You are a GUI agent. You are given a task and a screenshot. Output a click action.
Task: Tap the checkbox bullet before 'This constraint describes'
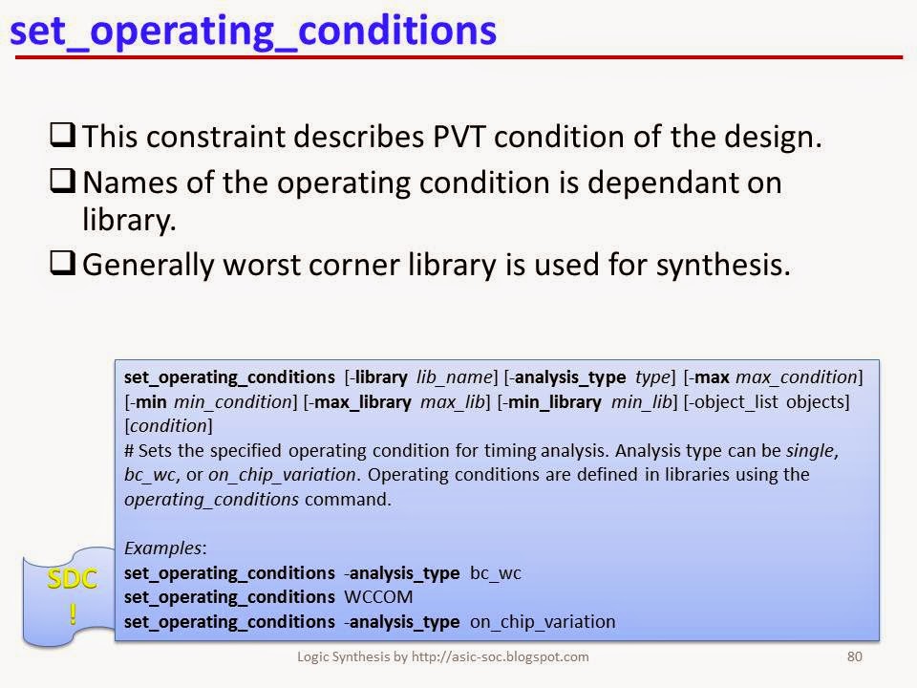(x=63, y=136)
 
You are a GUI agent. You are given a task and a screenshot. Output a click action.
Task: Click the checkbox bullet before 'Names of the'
(x=63, y=182)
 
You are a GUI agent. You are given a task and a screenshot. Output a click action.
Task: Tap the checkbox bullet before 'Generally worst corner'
(x=63, y=264)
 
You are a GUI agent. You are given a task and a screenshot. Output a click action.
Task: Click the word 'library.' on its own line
(x=130, y=222)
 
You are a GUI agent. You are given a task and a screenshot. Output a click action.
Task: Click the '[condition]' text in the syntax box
(x=168, y=425)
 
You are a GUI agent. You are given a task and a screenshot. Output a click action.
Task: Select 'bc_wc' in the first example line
(x=495, y=573)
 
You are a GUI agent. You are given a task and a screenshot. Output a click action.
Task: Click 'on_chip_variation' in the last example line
(x=543, y=622)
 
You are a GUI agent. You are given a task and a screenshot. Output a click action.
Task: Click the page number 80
(x=855, y=656)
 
